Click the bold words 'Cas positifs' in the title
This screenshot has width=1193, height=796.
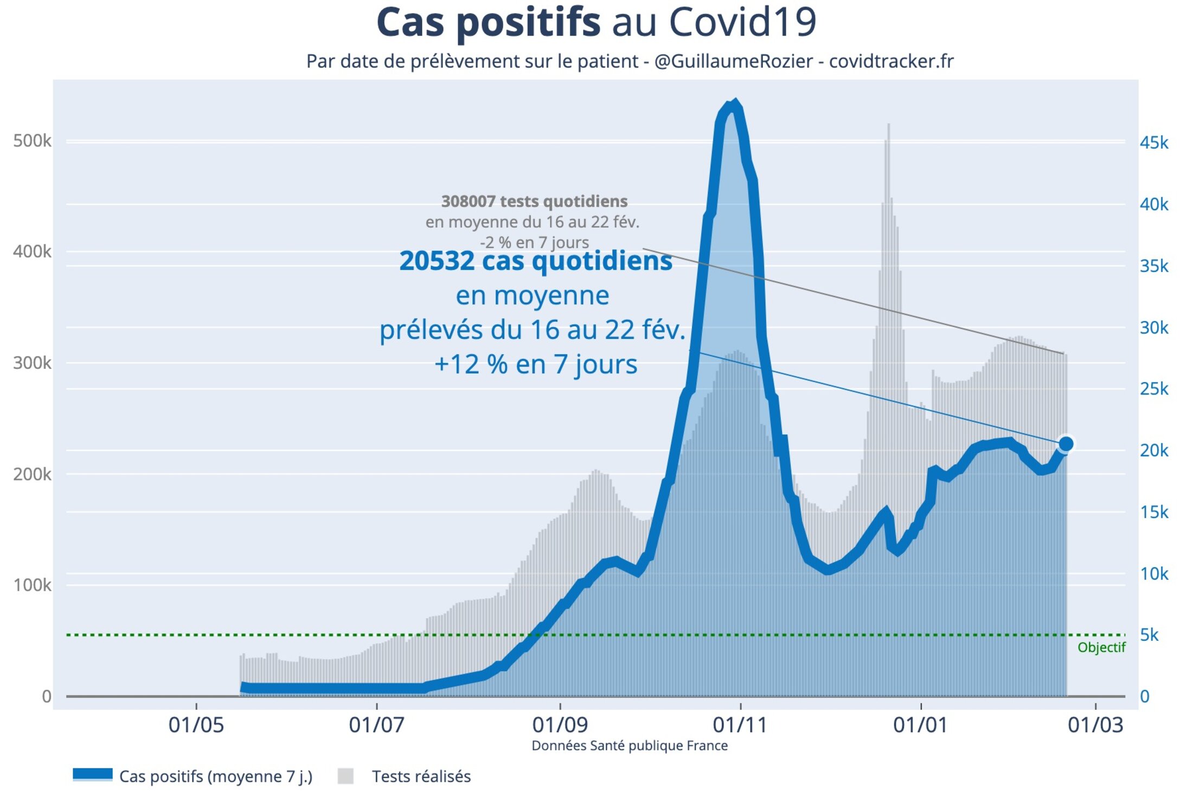click(488, 23)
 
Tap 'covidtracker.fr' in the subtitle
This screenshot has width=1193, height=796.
click(891, 61)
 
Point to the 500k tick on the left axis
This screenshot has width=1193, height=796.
click(32, 141)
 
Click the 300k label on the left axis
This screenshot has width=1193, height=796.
click(32, 363)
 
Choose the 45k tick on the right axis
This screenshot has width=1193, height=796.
click(1154, 143)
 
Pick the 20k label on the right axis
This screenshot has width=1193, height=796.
click(1154, 450)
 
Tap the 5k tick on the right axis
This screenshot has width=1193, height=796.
click(1149, 635)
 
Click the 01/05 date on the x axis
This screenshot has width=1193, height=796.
click(196, 725)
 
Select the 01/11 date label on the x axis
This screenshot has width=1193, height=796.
click(740, 725)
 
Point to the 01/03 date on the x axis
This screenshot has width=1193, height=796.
click(1095, 725)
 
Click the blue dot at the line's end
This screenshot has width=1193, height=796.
click(1066, 444)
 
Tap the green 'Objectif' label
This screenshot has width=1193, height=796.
click(1101, 647)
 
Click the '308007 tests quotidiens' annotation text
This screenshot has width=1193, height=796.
click(534, 201)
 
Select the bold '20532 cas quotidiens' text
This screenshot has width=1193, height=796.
click(535, 261)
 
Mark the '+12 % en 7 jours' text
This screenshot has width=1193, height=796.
click(535, 364)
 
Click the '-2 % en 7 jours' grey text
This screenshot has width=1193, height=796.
click(534, 243)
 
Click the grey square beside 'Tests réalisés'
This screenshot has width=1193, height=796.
click(345, 776)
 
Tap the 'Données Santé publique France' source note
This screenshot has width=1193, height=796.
click(630, 746)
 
